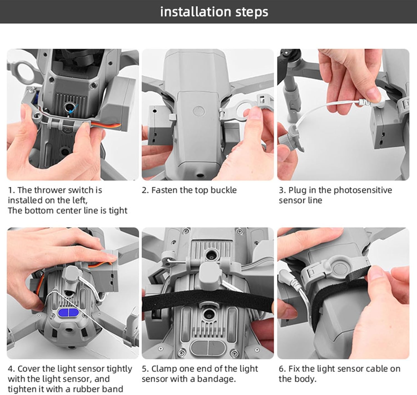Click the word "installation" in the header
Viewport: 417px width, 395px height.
195,12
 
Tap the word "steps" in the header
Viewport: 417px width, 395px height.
252,12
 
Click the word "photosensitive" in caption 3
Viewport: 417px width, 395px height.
363,190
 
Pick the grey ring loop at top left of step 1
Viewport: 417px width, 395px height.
26,72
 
